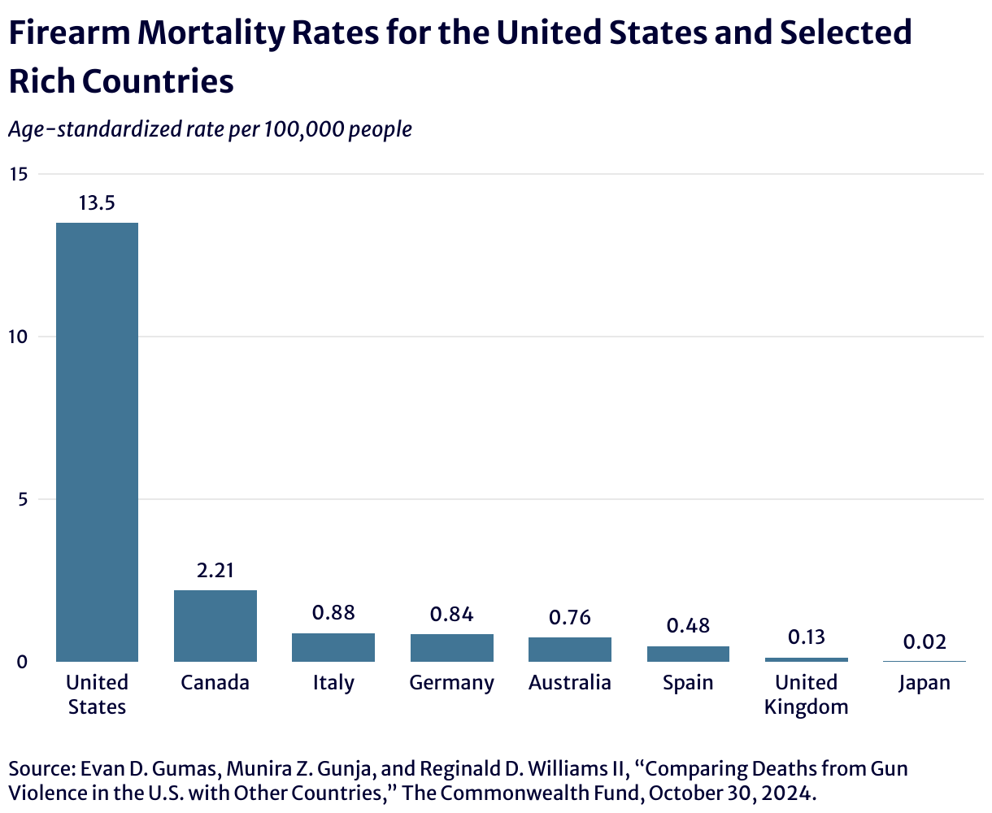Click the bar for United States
(97, 441)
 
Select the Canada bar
(215, 625)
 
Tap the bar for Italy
(333, 647)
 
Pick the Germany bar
(452, 647)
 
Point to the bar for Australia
(570, 649)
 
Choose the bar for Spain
(688, 654)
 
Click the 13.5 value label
(97, 203)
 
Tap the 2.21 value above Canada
(215, 571)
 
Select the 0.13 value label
(807, 637)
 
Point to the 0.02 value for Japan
(925, 642)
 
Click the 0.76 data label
(570, 618)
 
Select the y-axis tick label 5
(22, 499)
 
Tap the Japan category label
(925, 683)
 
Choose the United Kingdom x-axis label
(807, 694)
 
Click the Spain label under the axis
(688, 683)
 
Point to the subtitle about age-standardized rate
(210, 129)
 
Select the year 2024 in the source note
(788, 792)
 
